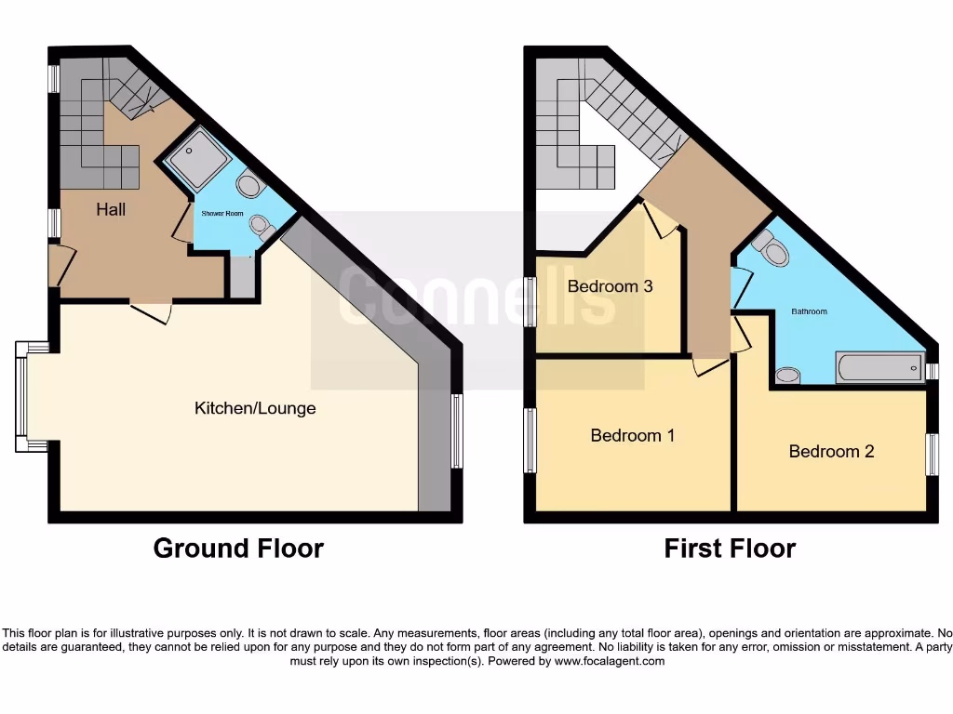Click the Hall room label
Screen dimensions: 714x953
click(111, 210)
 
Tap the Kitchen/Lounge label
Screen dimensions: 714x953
click(255, 408)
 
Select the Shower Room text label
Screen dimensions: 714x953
click(222, 214)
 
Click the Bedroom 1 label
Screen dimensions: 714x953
click(633, 435)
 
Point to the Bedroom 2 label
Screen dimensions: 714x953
click(831, 452)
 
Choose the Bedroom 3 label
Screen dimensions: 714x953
click(610, 286)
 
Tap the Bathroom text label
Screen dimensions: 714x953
click(809, 311)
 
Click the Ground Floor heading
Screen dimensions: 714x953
click(238, 549)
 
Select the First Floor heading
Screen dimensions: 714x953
click(730, 549)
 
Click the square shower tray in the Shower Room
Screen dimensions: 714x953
click(197, 159)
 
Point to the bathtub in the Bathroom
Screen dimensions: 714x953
click(879, 367)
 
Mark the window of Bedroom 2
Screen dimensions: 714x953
click(932, 454)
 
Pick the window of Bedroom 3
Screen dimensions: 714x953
click(530, 302)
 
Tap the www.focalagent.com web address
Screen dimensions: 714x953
click(610, 662)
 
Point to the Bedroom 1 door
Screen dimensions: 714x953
click(710, 365)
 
